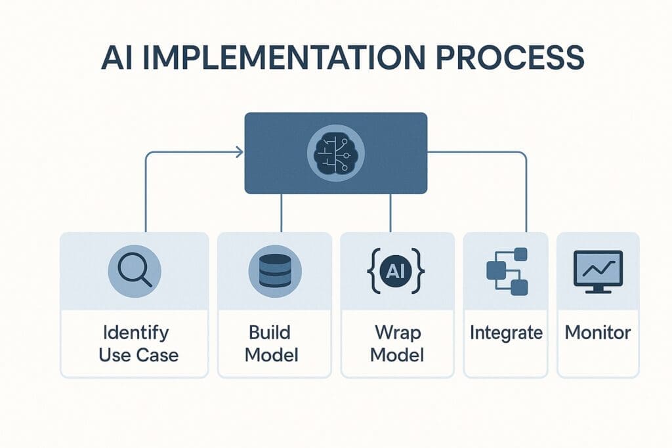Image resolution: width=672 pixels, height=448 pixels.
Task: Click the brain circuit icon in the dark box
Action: click(335, 153)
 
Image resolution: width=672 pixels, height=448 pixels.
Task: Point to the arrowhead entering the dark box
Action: click(239, 153)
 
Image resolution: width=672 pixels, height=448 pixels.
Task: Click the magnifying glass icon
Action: click(134, 270)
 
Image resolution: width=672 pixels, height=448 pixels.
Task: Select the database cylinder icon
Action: click(275, 270)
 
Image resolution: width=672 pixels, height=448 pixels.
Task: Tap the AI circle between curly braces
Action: click(396, 270)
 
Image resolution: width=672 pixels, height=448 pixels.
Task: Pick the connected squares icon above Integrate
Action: click(507, 271)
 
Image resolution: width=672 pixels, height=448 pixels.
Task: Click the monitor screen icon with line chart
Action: click(598, 270)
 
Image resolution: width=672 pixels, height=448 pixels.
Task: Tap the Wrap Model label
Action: click(397, 344)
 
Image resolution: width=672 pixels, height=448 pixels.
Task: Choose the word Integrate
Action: click(506, 333)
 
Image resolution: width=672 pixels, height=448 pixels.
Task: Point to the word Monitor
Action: click(598, 333)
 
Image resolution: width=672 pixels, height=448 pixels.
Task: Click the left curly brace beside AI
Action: click(373, 270)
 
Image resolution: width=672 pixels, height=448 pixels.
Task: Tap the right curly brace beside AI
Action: click(420, 270)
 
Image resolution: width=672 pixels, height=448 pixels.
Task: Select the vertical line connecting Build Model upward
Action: click(282, 213)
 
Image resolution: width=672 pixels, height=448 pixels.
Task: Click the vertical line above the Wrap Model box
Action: click(390, 213)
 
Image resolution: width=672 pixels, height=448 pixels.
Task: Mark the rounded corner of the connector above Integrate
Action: click(524, 156)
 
